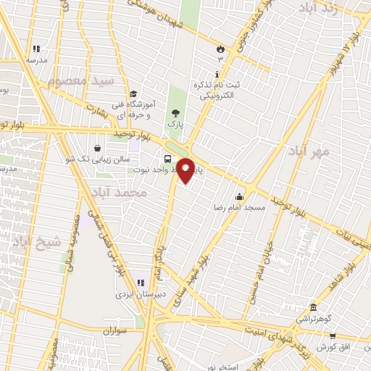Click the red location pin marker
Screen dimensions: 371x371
(x=186, y=169)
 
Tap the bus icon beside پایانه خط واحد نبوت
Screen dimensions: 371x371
(x=168, y=159)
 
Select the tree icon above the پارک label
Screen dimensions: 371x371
(x=174, y=113)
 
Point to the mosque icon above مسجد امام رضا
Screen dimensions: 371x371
(x=239, y=196)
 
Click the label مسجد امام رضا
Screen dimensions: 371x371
(x=239, y=207)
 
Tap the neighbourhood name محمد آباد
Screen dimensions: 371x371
(x=120, y=193)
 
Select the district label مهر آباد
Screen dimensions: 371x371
(x=312, y=151)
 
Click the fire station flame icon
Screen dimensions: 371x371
(x=220, y=49)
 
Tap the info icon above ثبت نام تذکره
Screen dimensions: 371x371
(x=217, y=75)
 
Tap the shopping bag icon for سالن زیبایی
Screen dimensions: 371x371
(x=97, y=148)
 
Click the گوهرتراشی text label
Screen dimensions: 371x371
(x=313, y=318)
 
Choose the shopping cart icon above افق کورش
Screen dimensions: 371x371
(x=333, y=336)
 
